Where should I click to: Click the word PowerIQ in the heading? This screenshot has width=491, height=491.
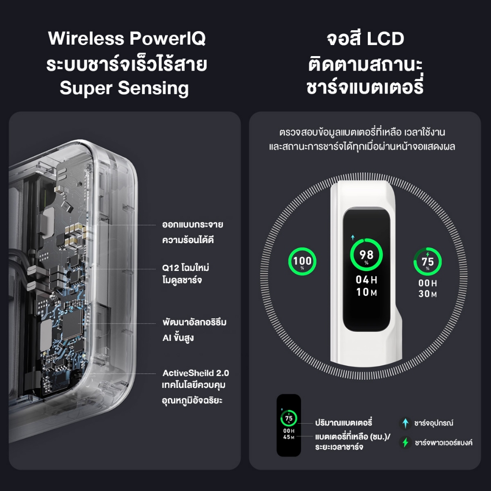167,38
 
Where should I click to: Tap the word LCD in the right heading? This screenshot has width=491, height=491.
385,39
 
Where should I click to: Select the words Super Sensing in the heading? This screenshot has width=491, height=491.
124,89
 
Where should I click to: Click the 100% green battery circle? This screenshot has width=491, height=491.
302,261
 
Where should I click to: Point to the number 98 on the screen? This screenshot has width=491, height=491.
366,255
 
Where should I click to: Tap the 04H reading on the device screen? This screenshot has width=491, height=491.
366,280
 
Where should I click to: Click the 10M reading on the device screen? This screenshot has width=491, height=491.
366,292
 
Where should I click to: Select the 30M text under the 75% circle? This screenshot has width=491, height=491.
427,294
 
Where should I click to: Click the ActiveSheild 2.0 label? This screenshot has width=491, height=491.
196,373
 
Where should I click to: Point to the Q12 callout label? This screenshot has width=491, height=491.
186,274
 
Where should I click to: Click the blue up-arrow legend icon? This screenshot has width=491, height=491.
406,423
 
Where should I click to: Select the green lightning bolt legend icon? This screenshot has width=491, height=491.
406,443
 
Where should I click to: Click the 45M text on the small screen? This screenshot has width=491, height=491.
289,437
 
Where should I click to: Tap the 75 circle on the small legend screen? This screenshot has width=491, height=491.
289,418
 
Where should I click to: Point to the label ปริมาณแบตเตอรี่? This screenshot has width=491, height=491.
343,422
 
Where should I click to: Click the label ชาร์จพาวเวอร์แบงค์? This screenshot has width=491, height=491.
444,443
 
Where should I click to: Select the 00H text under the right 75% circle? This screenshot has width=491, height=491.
427,283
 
